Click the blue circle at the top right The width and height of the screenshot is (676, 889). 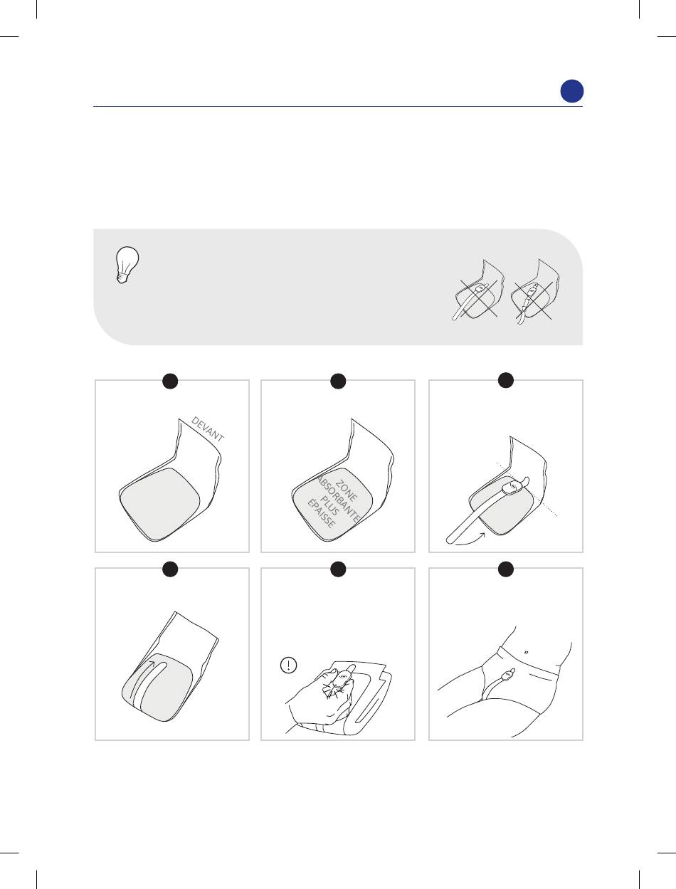[x=571, y=91]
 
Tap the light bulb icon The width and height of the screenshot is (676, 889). [x=127, y=265]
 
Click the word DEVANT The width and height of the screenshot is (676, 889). [x=207, y=429]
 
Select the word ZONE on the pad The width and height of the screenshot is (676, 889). [x=347, y=490]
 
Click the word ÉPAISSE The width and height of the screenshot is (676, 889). [x=322, y=514]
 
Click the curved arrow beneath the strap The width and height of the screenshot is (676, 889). [x=470, y=542]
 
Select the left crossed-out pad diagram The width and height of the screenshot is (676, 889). [x=478, y=290]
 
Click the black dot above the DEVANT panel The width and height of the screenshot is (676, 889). [x=170, y=381]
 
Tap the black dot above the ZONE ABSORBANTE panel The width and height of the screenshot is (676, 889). [x=338, y=381]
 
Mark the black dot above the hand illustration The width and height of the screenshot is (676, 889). [x=338, y=569]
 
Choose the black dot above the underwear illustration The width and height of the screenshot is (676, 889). [x=506, y=569]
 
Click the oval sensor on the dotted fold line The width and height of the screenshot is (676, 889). [x=512, y=486]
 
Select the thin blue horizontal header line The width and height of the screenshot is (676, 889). [x=338, y=107]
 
